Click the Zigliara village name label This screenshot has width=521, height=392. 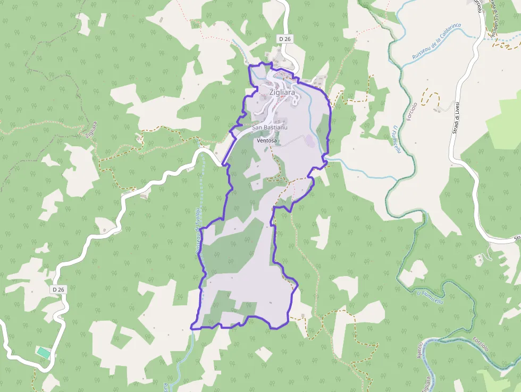pos(282,92)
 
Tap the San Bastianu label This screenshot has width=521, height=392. pos(270,128)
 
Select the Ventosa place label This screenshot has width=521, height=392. pos(267,141)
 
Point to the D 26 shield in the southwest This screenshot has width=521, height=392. pos(59,289)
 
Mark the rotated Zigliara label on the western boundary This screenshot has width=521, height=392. pos(91,129)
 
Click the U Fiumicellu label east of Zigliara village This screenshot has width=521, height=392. pos(397,139)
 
